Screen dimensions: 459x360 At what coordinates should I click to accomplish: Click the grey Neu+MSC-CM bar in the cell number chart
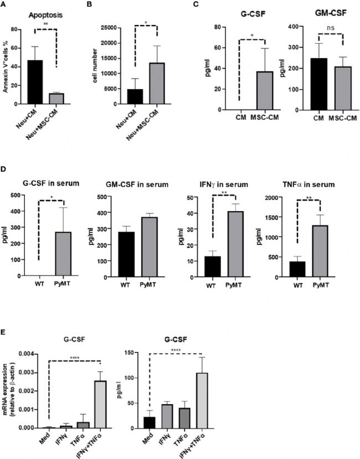point(157,83)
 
